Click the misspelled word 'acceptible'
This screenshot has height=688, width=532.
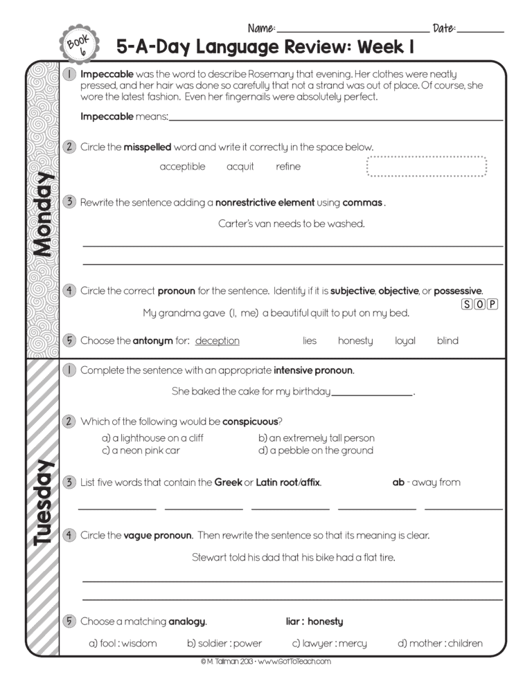pyautogui.click(x=182, y=167)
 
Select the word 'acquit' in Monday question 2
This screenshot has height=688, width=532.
pyautogui.click(x=240, y=167)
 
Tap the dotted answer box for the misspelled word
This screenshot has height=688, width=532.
pyautogui.click(x=427, y=167)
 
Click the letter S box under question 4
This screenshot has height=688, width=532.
pyautogui.click(x=467, y=304)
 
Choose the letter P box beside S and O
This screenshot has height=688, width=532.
pyautogui.click(x=493, y=304)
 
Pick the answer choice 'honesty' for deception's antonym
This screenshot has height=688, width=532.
pyautogui.click(x=355, y=341)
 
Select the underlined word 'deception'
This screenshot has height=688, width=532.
pyautogui.click(x=218, y=341)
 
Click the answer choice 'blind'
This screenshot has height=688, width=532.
pyautogui.click(x=447, y=341)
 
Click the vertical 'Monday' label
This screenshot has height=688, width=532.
pyautogui.click(x=42, y=215)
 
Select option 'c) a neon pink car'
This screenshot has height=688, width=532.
pyautogui.click(x=141, y=451)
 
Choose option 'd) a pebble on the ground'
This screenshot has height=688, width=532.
pyautogui.click(x=316, y=451)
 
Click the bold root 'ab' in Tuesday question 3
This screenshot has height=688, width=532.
pyautogui.click(x=398, y=482)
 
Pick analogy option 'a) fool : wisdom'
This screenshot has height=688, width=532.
pyautogui.click(x=123, y=643)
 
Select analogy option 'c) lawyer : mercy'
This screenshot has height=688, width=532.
pyautogui.click(x=330, y=643)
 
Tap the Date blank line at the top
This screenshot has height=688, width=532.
pyautogui.click(x=480, y=30)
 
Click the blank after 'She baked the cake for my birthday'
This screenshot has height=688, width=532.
pyautogui.click(x=372, y=392)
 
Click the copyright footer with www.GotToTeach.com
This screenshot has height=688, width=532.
pyautogui.click(x=266, y=662)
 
